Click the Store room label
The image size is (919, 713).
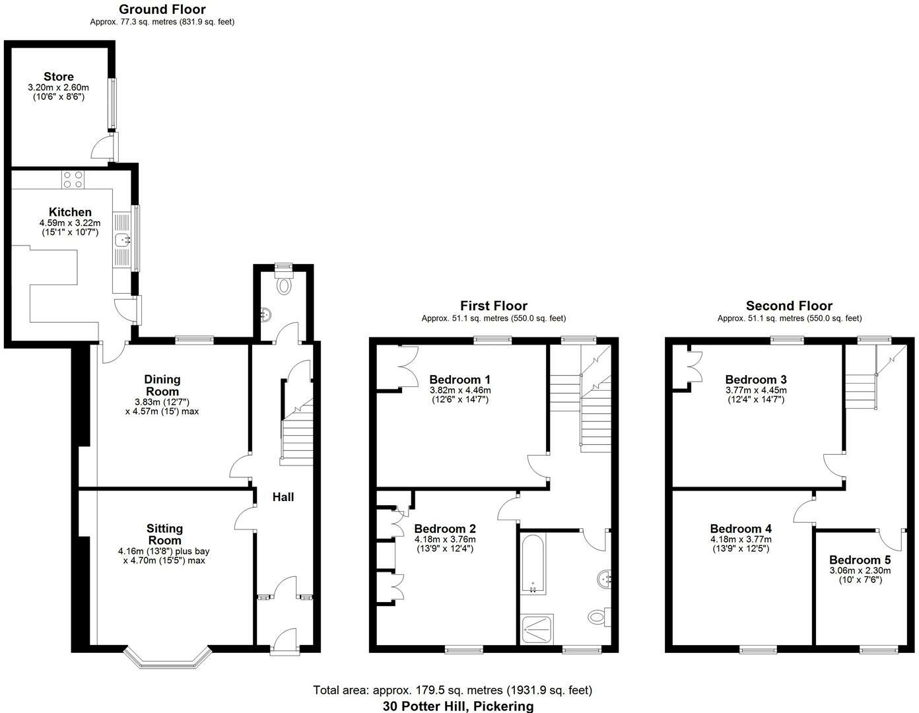tap(59, 77)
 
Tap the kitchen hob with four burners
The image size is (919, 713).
tap(73, 179)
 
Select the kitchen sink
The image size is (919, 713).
tap(123, 240)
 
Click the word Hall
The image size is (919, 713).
tap(283, 496)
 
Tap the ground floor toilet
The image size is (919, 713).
tap(285, 286)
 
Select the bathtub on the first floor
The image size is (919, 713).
tap(532, 563)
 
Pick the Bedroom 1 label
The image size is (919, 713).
tap(460, 380)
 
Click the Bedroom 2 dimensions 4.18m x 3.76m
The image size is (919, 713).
tap(444, 539)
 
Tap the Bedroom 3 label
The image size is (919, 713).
tap(755, 380)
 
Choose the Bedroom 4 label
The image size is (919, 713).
tap(741, 529)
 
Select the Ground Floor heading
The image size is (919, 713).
tap(162, 9)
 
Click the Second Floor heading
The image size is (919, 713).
tap(789, 306)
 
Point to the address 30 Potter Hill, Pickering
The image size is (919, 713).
tap(458, 706)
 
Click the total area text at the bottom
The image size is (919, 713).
tap(452, 690)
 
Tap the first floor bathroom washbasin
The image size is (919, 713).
tap(605, 580)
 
